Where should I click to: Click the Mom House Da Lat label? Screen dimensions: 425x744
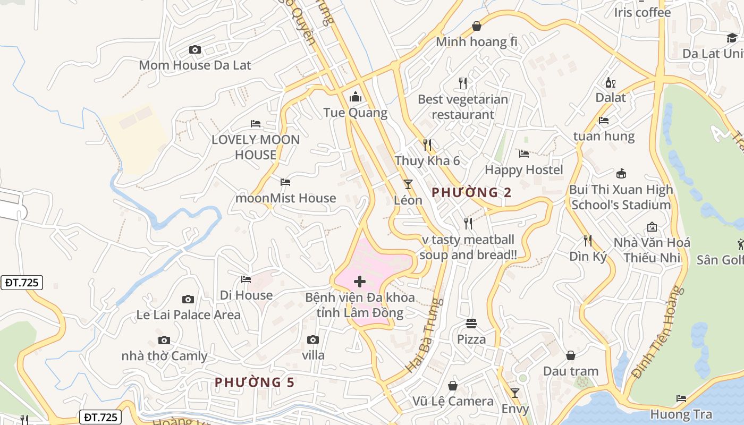(x=195, y=65)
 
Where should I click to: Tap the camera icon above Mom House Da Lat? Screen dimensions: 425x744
(x=195, y=50)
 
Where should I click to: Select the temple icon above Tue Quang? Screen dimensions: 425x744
(x=355, y=97)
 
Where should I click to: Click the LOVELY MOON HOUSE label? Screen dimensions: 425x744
(x=256, y=147)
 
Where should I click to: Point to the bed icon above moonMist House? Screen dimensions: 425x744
(x=285, y=182)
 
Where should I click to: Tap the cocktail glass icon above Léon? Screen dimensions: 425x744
(x=408, y=184)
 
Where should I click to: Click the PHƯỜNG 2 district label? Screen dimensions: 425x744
(x=471, y=192)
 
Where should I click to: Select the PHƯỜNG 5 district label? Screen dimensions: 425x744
(x=255, y=382)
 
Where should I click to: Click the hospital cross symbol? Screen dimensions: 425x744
(x=360, y=281)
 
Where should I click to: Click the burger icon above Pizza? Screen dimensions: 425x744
(x=471, y=323)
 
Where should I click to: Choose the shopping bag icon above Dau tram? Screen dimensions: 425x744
(x=571, y=355)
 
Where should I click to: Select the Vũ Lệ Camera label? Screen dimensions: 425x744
(x=453, y=401)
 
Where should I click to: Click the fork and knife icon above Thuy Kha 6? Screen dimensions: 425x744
(x=427, y=144)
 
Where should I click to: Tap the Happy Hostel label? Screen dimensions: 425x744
(x=523, y=170)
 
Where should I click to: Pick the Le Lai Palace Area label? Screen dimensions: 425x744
(x=188, y=315)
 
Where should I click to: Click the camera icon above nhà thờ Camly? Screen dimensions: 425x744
(x=164, y=340)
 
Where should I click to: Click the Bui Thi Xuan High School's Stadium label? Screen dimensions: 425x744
(x=621, y=197)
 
